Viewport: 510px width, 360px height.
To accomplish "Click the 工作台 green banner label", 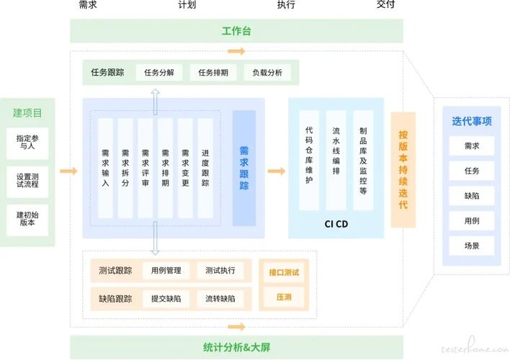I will pyautogui.click(x=236, y=31).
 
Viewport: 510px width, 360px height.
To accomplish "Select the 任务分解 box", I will pyautogui.click(x=159, y=73).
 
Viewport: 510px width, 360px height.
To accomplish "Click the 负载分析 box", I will pyautogui.click(x=267, y=73).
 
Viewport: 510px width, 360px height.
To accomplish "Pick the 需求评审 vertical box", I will pyautogui.click(x=146, y=168).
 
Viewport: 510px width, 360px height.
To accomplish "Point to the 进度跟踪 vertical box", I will pyautogui.click(x=205, y=168).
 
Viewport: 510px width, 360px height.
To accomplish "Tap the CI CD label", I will pyautogui.click(x=336, y=224).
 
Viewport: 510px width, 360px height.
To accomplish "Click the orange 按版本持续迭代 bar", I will pyautogui.click(x=403, y=170).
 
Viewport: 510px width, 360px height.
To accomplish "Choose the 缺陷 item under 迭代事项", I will pyautogui.click(x=471, y=194).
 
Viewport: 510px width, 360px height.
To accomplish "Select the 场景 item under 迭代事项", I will pyautogui.click(x=471, y=245).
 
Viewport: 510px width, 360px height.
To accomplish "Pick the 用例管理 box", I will pyautogui.click(x=166, y=271).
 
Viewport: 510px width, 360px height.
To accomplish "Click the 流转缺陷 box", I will pyautogui.click(x=220, y=298).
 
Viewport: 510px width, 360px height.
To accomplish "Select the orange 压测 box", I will pyautogui.click(x=283, y=297).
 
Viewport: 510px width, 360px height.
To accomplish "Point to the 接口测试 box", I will pyautogui.click(x=283, y=273).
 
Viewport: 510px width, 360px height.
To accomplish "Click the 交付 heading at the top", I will pyautogui.click(x=386, y=5).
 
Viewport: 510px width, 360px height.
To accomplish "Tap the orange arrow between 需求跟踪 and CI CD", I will pyautogui.click(x=276, y=171).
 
